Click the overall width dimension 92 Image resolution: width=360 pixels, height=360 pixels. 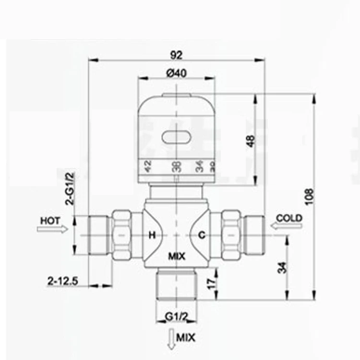pos(176,55)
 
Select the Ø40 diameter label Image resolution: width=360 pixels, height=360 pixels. pos(176,73)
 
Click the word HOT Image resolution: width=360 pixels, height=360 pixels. pos(50,220)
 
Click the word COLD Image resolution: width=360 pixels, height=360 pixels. pos(289,218)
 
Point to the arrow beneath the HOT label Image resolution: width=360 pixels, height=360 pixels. pos(52,229)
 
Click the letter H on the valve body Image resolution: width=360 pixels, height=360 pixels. pos(152,235)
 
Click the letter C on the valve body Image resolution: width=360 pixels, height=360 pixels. pos(202,235)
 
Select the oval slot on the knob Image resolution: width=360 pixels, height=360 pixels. pos(176,137)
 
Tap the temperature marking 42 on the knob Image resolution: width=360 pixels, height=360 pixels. pos(149,167)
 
